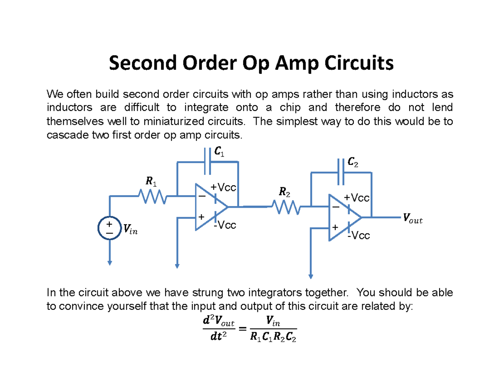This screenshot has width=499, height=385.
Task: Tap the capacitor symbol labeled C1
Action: pos(208,162)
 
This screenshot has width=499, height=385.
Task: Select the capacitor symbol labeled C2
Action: pos(341,171)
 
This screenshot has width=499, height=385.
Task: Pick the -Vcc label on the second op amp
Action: pos(358,236)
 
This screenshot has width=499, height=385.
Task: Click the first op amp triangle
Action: pos(210,206)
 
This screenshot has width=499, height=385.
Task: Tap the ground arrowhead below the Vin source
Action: pos(109,262)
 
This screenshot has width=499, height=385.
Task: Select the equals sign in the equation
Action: pos(242,328)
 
